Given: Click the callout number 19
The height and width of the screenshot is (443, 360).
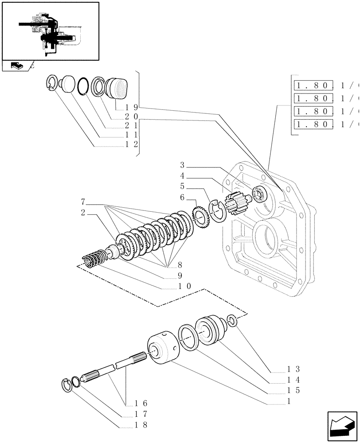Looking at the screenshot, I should [x=132, y=107].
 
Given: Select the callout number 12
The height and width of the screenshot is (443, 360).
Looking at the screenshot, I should [x=132, y=144].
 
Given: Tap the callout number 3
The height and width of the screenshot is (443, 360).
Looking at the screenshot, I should [x=182, y=165].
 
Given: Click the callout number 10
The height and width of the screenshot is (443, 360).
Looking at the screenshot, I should [x=185, y=286].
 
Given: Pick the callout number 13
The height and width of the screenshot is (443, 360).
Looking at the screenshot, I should [x=293, y=369].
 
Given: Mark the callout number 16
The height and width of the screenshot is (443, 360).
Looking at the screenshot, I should [x=141, y=403].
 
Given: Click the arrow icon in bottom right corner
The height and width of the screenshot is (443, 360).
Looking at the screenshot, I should [x=341, y=427].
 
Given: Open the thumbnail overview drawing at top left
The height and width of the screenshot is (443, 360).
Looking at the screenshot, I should [x=50, y=31].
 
